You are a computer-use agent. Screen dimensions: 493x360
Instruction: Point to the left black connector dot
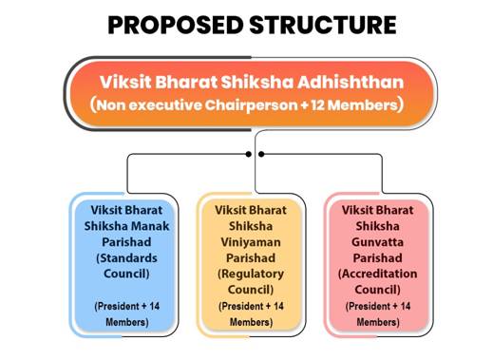(248, 153)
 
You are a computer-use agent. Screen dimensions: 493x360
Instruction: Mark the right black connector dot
(261, 153)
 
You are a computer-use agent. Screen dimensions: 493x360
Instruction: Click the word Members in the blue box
(121, 322)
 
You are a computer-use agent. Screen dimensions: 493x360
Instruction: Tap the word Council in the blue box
(119, 275)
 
